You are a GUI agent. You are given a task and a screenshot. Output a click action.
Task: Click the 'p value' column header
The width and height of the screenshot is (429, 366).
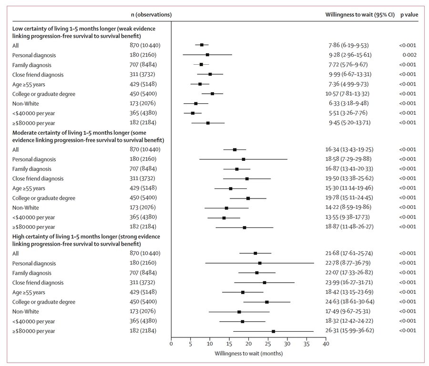(x=409, y=15)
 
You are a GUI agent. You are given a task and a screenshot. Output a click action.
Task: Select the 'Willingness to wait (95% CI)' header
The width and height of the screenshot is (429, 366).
(x=360, y=15)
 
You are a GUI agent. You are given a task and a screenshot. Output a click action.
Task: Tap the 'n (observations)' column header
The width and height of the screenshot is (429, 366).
(x=151, y=15)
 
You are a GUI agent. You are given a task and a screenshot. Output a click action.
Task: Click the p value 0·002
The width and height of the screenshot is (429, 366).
(x=409, y=55)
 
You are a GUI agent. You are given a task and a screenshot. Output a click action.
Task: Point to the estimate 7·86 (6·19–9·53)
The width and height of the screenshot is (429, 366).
(x=348, y=45)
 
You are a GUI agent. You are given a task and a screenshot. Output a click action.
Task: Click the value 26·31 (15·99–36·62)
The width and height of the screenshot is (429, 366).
(x=350, y=330)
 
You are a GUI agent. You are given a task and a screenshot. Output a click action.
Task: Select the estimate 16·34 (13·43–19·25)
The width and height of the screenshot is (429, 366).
(x=349, y=149)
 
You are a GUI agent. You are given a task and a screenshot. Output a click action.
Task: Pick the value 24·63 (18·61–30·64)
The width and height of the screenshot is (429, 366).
(x=350, y=302)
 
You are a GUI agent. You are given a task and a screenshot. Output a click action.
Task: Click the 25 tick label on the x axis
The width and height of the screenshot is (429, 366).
(x=268, y=344)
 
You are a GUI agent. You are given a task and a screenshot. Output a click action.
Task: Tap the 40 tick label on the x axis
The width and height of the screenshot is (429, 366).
(x=326, y=344)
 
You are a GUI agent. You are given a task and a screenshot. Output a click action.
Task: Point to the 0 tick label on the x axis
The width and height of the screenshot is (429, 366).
(x=171, y=344)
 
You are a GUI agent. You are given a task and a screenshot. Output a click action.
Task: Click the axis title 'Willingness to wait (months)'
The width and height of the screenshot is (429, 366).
(x=249, y=354)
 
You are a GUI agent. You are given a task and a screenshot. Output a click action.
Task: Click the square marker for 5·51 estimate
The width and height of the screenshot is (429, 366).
(x=193, y=113)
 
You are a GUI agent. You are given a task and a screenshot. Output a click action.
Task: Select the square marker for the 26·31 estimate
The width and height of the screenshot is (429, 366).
(x=273, y=331)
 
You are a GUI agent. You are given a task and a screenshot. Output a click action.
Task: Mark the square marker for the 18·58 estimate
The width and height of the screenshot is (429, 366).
(x=244, y=159)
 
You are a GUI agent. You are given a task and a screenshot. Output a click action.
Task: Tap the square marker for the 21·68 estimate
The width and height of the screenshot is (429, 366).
(x=255, y=253)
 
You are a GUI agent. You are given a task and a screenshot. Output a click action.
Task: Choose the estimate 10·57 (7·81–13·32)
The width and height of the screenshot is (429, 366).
(x=347, y=94)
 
